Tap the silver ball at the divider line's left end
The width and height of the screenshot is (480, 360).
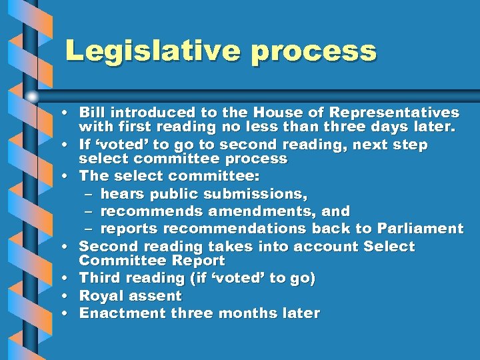pos(33,96)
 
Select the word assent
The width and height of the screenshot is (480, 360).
pos(158,296)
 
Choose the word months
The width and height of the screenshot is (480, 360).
pos(249,313)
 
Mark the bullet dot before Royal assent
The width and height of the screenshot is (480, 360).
pos(69,296)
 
